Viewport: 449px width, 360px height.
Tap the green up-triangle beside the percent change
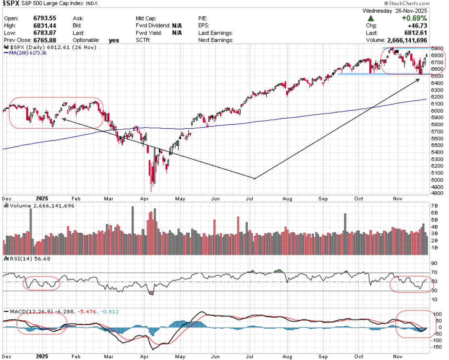point(370,19)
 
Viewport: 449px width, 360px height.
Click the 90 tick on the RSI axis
point(434,263)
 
